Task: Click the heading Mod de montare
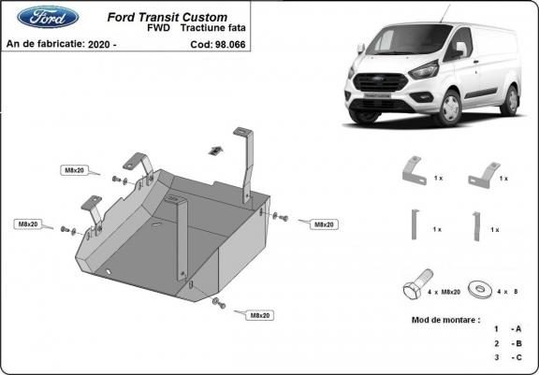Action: click(445, 319)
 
